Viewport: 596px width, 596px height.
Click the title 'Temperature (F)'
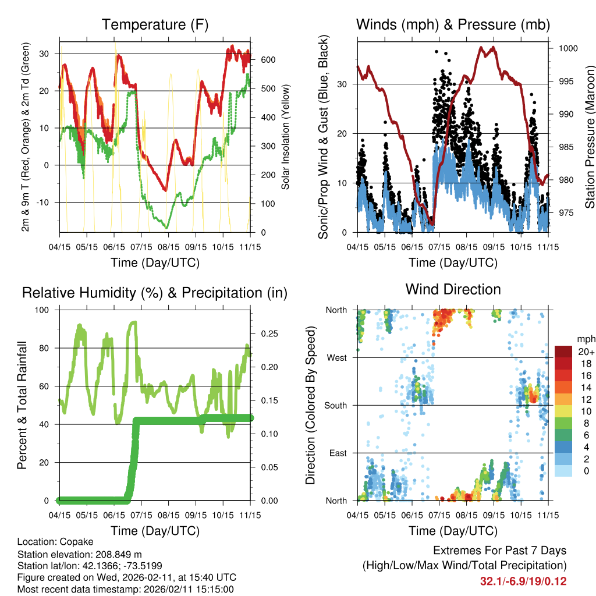(x=155, y=24)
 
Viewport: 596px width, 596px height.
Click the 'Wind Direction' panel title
(x=453, y=289)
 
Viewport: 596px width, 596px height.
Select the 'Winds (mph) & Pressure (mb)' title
(x=453, y=24)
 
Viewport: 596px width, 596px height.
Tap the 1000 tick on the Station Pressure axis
(x=567, y=48)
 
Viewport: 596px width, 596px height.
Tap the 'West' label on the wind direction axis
(x=336, y=357)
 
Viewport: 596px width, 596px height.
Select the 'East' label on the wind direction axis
(x=338, y=453)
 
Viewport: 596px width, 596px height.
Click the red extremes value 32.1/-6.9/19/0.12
(x=523, y=581)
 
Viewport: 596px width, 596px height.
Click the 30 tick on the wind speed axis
(x=344, y=84)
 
